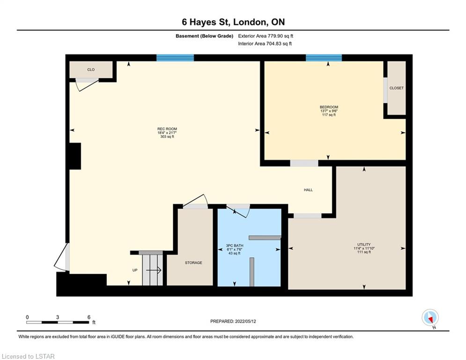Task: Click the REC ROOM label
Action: (x=167, y=129)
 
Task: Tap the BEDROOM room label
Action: (x=329, y=107)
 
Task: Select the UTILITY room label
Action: (x=364, y=245)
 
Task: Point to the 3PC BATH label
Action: (x=235, y=246)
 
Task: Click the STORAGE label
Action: (x=193, y=262)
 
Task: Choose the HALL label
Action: (x=308, y=190)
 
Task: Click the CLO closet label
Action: (x=91, y=70)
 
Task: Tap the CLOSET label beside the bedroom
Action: (x=397, y=88)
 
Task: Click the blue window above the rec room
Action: (x=175, y=58)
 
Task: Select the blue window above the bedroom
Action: (x=324, y=58)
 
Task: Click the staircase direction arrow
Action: (x=154, y=270)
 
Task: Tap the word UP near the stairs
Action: (x=135, y=270)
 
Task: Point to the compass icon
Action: (x=430, y=318)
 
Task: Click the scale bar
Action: (x=58, y=322)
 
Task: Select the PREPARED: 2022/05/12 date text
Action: (x=233, y=321)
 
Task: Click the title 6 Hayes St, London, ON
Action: (x=233, y=22)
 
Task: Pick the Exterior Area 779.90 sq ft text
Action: (x=266, y=36)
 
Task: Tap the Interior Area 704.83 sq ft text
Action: (x=265, y=44)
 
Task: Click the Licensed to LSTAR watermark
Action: (x=28, y=356)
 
